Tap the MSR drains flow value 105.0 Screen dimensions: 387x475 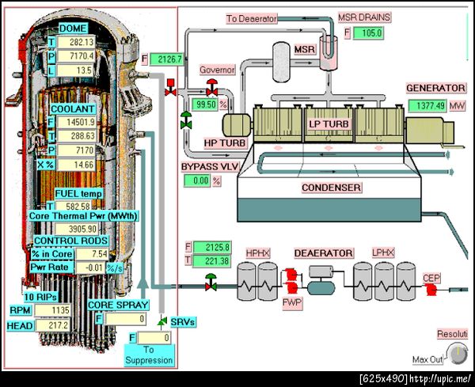tap(368, 33)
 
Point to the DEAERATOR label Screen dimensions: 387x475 tap(323, 252)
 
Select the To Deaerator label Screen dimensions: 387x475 tap(251, 17)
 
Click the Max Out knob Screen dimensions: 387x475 tap(456, 352)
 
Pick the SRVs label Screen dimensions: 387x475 tap(183, 322)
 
